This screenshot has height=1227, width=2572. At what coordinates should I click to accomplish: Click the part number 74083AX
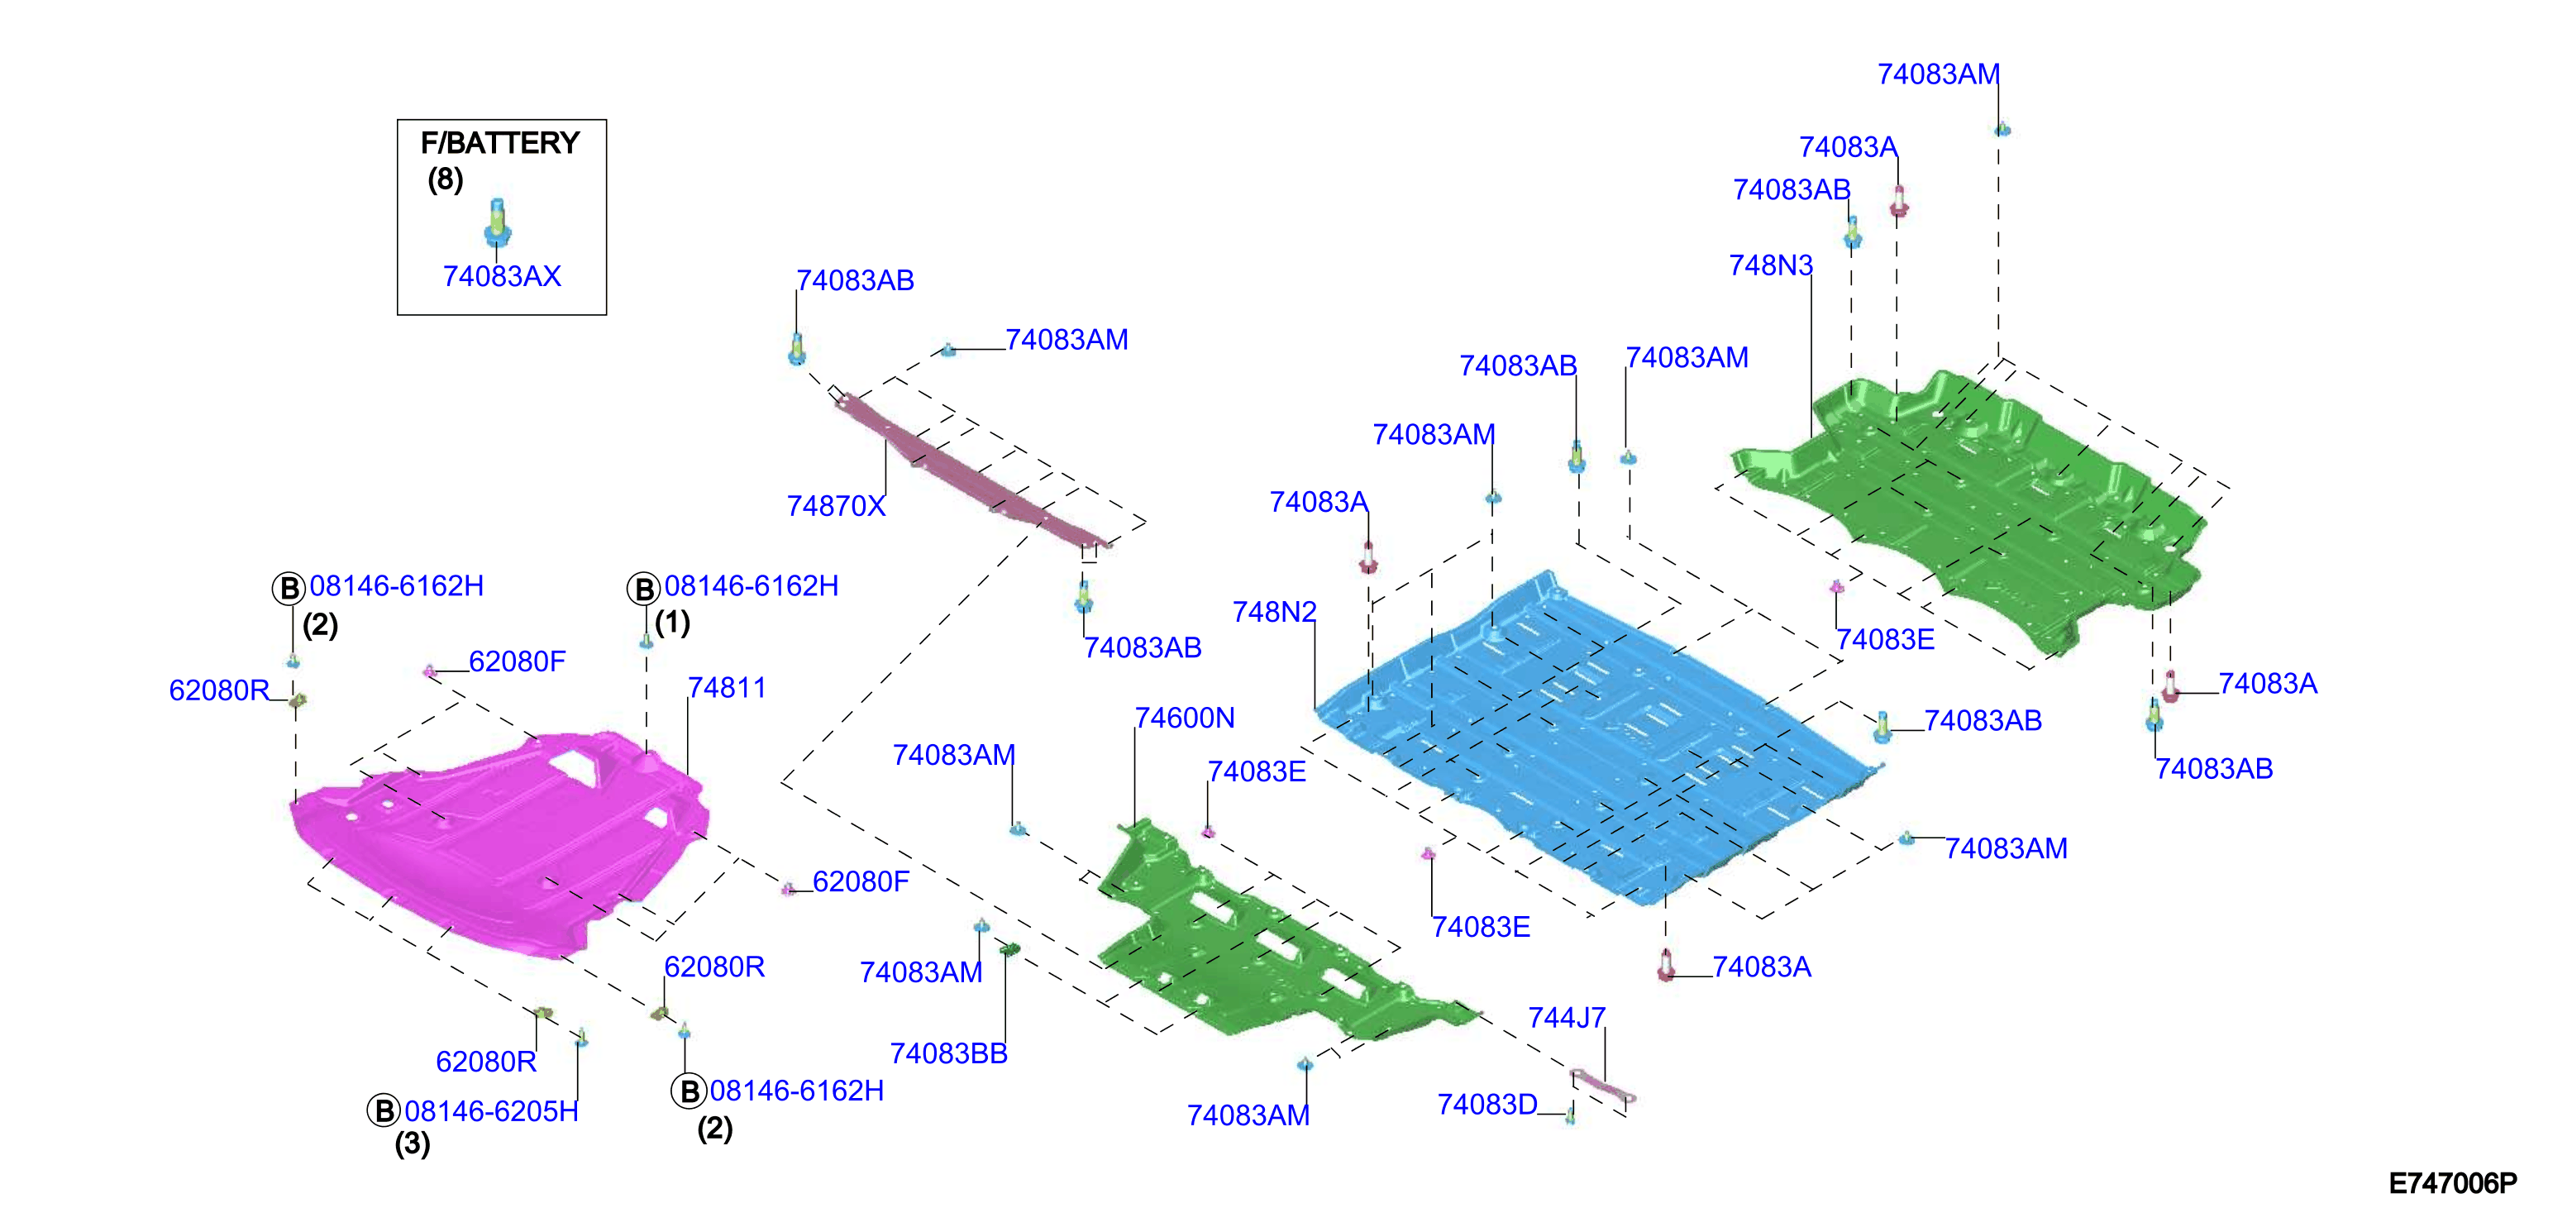coord(501,276)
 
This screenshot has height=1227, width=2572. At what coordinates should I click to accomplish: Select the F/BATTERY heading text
coord(500,143)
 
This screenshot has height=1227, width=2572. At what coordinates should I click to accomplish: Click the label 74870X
coord(836,506)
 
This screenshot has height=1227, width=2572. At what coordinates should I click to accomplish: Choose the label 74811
coord(727,688)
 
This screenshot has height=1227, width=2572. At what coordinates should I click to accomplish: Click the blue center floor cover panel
coord(1597,739)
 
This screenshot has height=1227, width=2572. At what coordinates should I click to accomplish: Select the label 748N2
coord(1274,611)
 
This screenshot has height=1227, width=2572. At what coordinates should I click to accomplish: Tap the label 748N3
coord(1770,265)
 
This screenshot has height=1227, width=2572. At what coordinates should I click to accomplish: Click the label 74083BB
coord(948,1053)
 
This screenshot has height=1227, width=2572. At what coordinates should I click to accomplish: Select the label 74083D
coord(1486,1104)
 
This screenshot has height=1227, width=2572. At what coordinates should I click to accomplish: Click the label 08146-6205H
coord(491,1111)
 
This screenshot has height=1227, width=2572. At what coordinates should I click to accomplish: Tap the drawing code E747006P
coord(2453,1183)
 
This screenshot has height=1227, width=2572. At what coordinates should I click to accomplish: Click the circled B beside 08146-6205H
coord(384,1110)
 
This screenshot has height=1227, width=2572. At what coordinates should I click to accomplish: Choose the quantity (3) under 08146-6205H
coord(413,1144)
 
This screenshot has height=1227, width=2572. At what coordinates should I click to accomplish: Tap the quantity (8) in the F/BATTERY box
coord(446,179)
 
